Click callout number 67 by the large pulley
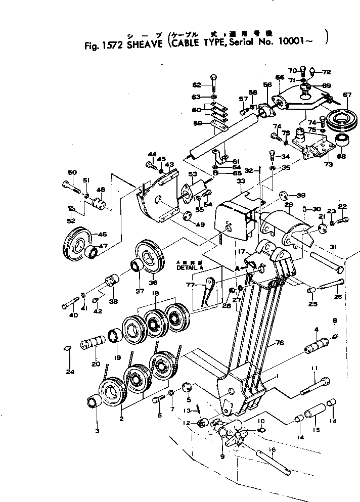347,95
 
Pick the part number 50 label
72,173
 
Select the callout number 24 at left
69,373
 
